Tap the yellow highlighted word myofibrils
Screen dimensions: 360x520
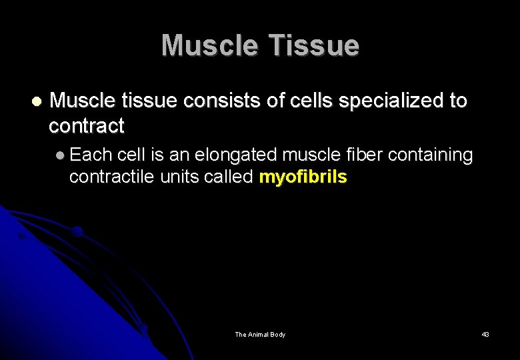303,177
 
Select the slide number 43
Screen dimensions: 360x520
485,335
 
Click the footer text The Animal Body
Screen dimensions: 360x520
260,335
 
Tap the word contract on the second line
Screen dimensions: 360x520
87,125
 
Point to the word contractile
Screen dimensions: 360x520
112,177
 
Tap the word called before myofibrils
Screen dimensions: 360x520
229,177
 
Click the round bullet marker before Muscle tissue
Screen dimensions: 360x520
37,102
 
